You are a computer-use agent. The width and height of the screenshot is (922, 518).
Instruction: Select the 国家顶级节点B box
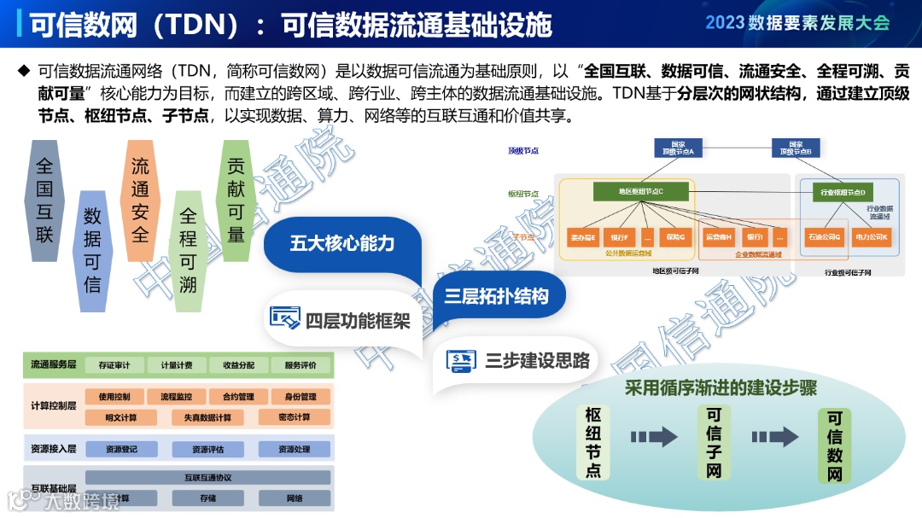tap(796, 148)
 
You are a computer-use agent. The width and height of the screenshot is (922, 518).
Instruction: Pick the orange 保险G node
tap(675, 236)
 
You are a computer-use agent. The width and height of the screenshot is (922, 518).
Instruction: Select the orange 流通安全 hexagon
tap(140, 200)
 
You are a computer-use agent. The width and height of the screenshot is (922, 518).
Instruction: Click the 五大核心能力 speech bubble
tap(342, 243)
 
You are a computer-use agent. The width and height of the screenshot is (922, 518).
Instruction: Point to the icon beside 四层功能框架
tap(285, 317)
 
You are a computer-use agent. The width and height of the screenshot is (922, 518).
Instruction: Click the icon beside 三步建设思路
tap(461, 360)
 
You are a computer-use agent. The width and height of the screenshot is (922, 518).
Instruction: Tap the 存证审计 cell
tap(114, 365)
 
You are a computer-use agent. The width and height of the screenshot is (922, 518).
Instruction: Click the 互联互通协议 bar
tap(207, 477)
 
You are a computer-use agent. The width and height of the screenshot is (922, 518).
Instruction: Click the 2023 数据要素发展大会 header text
tap(797, 23)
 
